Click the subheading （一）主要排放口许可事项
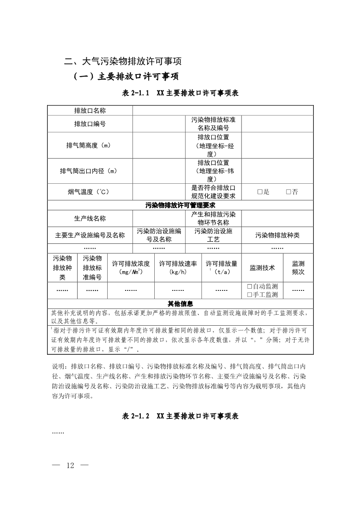(126, 77)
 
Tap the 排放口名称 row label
(90, 111)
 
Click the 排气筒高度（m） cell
(90, 145)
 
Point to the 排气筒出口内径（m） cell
(90, 171)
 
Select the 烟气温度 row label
(90, 192)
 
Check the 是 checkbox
(260, 192)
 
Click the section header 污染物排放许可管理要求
(180, 205)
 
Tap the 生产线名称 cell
(90, 218)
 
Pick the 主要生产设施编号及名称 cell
(90, 235)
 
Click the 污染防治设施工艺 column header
(213, 235)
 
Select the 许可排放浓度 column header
(131, 267)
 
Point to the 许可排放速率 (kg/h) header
(178, 267)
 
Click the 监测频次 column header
(298, 267)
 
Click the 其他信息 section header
(180, 303)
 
